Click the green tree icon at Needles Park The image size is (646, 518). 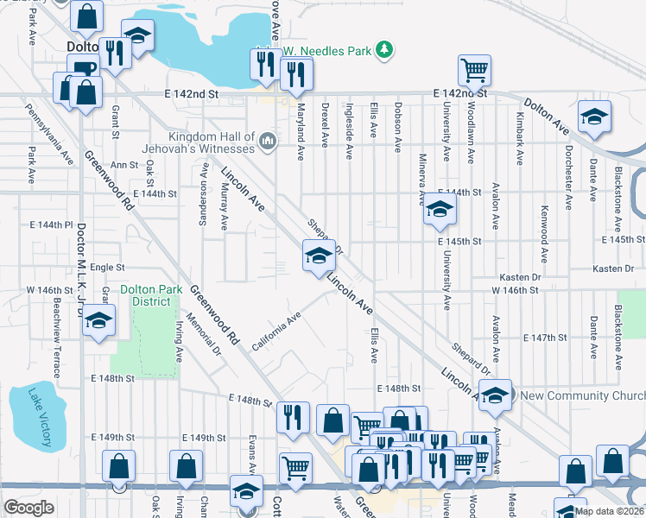click(385, 51)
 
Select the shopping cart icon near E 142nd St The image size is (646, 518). click(474, 71)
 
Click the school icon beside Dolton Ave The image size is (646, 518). click(594, 119)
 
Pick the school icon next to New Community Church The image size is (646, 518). click(495, 395)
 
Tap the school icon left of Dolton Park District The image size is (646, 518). click(99, 322)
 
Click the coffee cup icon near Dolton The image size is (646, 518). click(84, 70)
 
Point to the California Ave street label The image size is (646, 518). click(276, 332)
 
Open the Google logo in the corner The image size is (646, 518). click(28, 508)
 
